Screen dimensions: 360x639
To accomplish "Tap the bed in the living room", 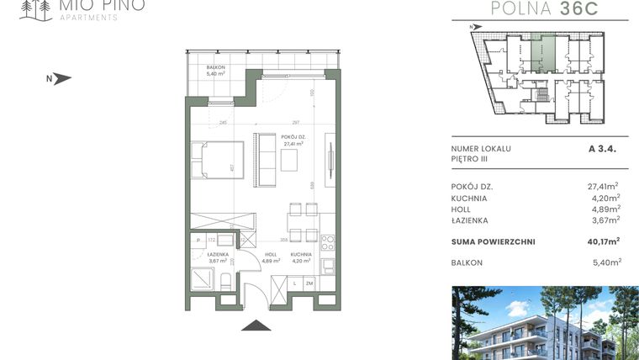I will [x=217, y=160].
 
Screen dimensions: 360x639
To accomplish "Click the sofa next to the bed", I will [x=267, y=160].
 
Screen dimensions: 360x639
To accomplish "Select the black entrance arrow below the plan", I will [x=255, y=326].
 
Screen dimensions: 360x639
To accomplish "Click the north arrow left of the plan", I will [x=61, y=79].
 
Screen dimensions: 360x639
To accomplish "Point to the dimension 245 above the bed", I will [x=223, y=123].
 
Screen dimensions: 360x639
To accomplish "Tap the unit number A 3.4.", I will [x=604, y=148].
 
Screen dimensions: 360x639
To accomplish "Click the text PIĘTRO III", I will [x=470, y=159].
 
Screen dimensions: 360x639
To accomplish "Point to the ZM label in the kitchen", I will [x=309, y=284].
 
